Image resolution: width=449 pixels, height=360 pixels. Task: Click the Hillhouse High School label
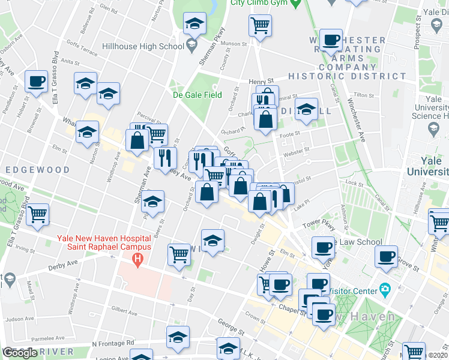click(143, 46)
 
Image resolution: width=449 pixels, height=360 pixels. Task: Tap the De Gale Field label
click(197, 95)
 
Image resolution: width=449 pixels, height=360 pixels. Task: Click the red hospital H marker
click(138, 260)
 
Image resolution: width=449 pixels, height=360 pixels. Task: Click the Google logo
click(20, 353)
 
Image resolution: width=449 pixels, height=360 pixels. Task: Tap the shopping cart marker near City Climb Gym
click(261, 26)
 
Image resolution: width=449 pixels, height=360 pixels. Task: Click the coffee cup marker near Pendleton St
click(36, 81)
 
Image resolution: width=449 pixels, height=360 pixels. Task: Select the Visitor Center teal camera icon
click(385, 290)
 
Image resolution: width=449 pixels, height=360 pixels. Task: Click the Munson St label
click(234, 44)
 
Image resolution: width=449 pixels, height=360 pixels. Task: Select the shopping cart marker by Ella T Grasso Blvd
click(37, 214)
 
